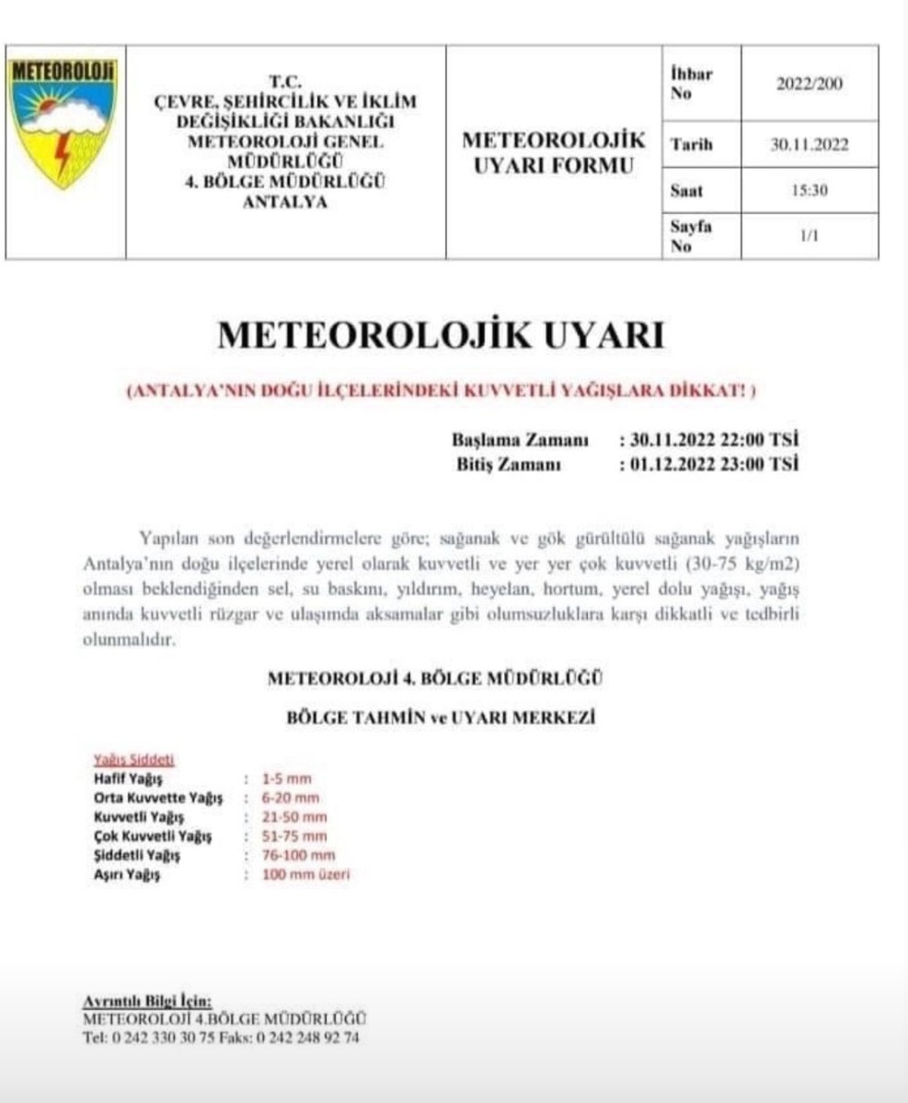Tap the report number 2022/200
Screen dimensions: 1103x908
point(810,85)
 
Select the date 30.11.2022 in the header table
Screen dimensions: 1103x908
point(810,144)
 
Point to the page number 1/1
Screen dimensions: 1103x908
point(810,236)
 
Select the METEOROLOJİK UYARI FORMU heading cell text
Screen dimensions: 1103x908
point(553,154)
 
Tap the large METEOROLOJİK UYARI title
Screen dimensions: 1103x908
point(440,335)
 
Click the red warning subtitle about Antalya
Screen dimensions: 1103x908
point(441,390)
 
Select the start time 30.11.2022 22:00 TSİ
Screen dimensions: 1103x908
point(708,440)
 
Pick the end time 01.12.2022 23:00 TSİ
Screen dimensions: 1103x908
point(708,464)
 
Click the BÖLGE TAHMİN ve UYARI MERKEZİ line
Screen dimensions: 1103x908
point(440,719)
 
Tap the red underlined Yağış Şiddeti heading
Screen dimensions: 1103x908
point(134,760)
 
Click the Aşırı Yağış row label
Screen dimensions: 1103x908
point(127,875)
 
